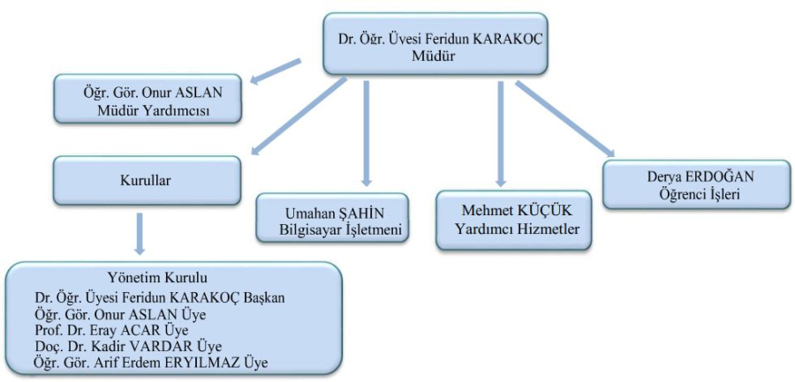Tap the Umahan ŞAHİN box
point(331,217)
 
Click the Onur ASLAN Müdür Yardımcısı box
point(146,99)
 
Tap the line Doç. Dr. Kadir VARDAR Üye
point(126,345)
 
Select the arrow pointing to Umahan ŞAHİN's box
point(365,132)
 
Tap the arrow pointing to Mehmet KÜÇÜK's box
point(501,132)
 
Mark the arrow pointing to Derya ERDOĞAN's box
point(565,119)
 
